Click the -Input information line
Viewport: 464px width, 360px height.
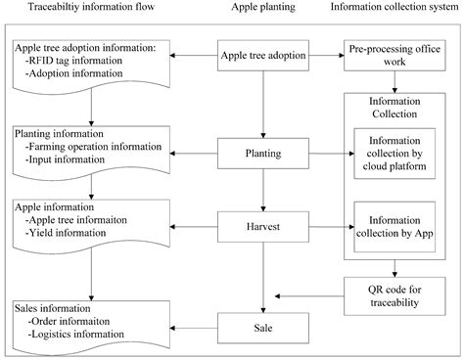(70, 159)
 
